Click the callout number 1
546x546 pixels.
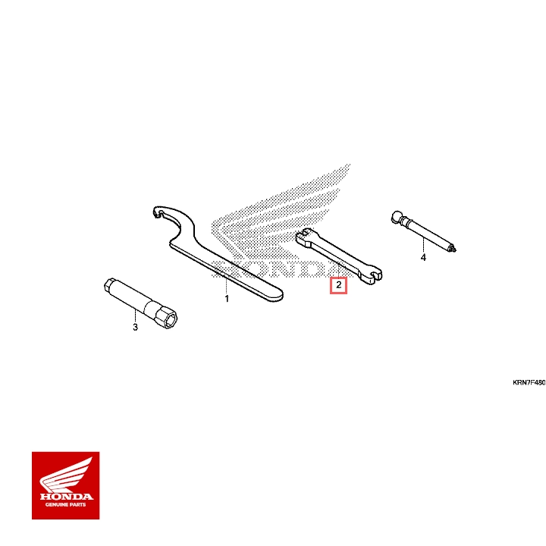[x=226, y=300]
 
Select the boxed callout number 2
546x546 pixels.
[x=338, y=286]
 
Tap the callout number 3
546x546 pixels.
[x=135, y=328]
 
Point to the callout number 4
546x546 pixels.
[x=423, y=258]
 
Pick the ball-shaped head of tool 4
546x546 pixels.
[x=398, y=217]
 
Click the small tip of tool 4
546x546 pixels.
[x=453, y=248]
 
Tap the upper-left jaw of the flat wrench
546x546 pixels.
[x=303, y=236]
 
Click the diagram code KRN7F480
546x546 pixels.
[x=529, y=383]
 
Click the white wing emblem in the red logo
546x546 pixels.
[x=65, y=475]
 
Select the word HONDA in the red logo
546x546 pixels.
[x=65, y=497]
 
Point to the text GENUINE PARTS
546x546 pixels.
[x=65, y=505]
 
